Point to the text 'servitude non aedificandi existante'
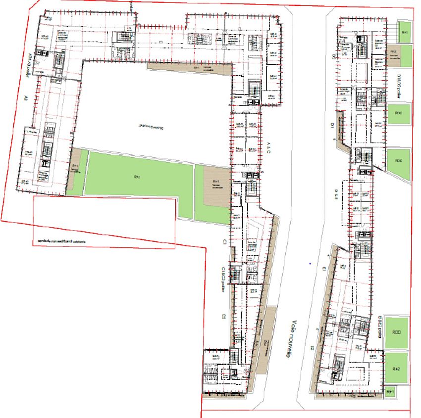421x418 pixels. (58, 241)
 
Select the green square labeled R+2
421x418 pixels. (396, 369)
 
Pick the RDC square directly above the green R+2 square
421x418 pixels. (396, 332)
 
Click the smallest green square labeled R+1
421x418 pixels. (390, 392)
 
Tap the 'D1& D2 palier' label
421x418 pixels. (399, 86)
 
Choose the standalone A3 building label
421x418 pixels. (25, 98)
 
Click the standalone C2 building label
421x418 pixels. (224, 316)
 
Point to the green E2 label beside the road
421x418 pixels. (313, 348)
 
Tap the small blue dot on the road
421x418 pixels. (309, 264)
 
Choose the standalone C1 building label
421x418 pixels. (224, 242)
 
